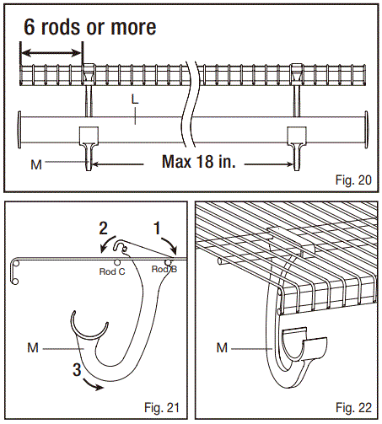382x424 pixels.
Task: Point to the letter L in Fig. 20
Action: tap(135, 100)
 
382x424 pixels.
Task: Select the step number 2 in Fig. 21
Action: tap(101, 228)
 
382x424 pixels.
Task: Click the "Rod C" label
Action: tap(113, 271)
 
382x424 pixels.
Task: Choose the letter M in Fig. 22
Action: tap(223, 345)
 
